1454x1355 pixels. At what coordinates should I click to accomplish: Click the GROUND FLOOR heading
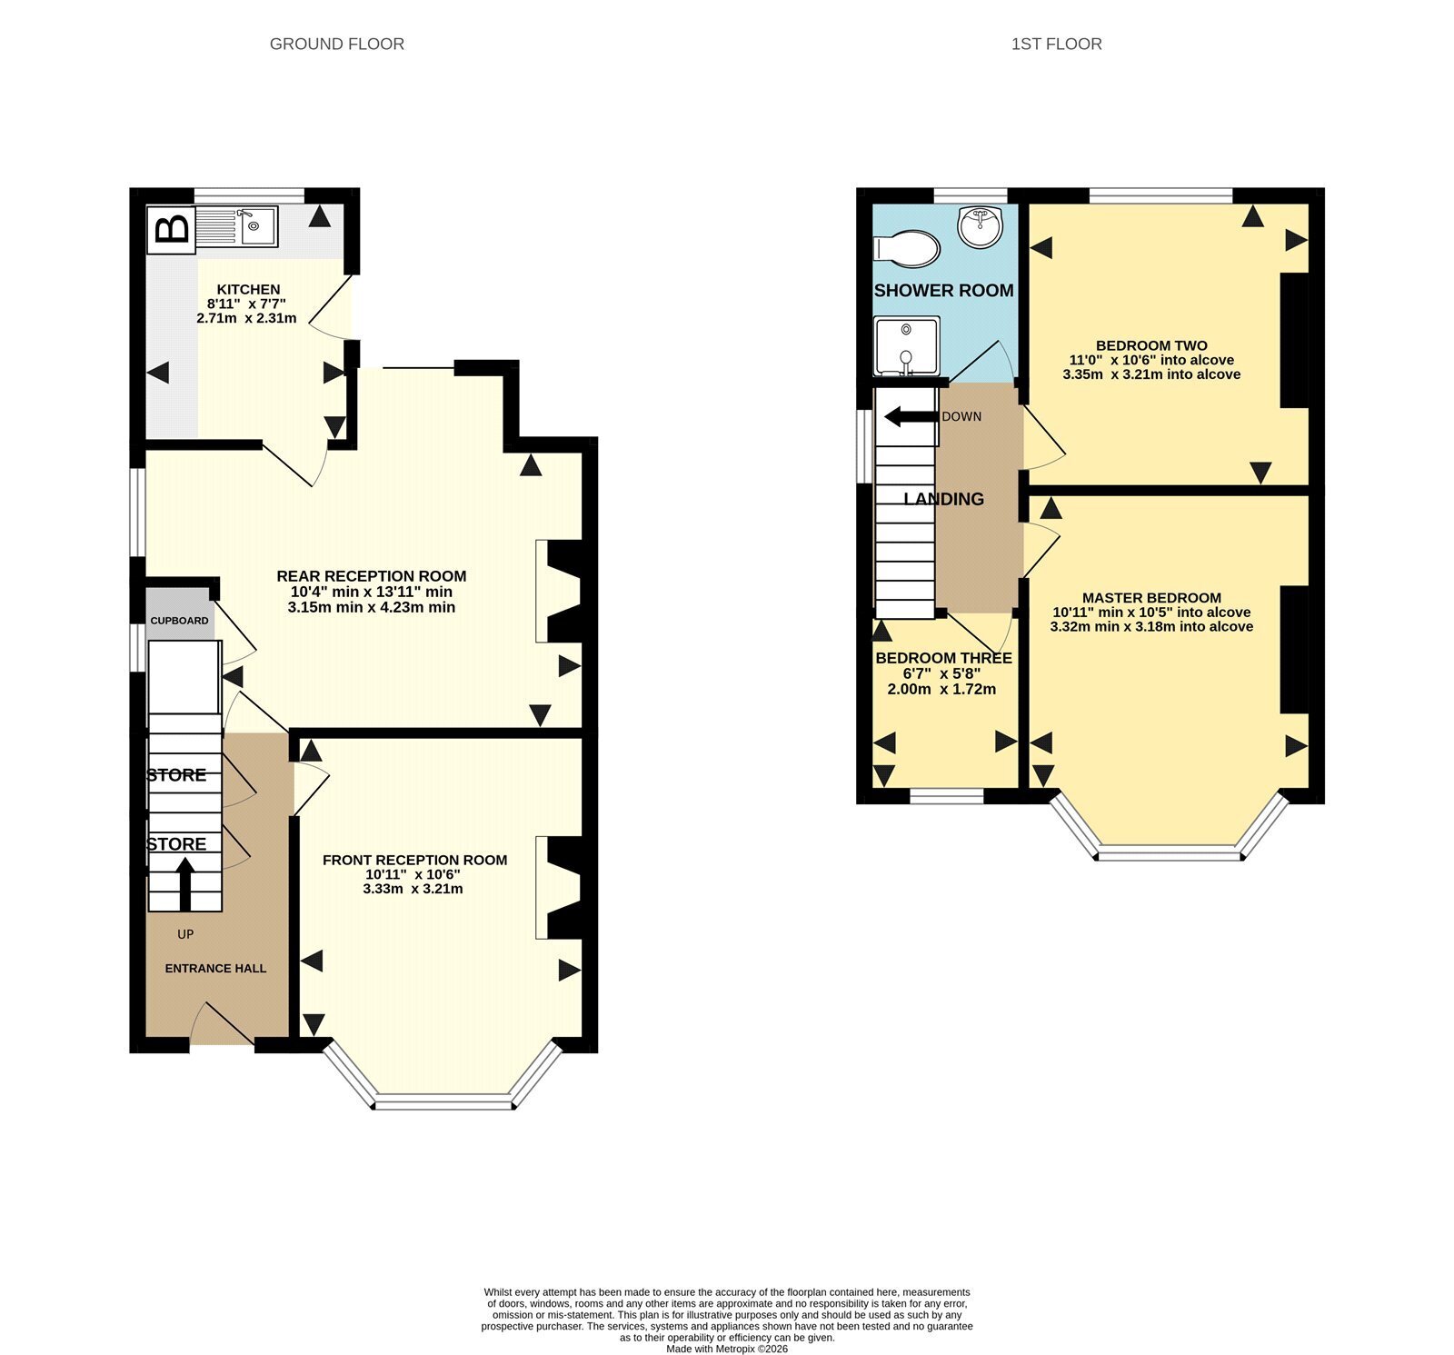point(337,44)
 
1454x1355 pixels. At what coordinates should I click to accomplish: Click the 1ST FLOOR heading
point(1056,44)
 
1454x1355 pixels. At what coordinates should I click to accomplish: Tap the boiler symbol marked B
point(172,228)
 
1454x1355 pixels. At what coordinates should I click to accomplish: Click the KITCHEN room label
point(248,289)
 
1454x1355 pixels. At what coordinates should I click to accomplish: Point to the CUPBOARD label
point(179,621)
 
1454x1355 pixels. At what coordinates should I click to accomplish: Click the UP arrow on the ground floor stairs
point(185,885)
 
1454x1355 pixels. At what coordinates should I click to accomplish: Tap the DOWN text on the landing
point(961,416)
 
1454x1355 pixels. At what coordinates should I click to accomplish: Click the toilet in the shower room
point(906,248)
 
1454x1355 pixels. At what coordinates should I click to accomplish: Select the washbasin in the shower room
point(981,226)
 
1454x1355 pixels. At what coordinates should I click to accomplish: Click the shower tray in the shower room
point(906,346)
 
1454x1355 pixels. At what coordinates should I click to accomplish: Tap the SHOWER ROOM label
point(943,291)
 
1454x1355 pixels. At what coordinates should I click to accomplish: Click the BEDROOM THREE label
point(943,658)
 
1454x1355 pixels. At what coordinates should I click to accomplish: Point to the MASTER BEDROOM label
point(1151,598)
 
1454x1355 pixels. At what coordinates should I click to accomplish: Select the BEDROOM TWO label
point(1151,345)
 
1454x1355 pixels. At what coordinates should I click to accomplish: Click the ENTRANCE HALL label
point(215,969)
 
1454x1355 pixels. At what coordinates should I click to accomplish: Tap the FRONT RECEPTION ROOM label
point(414,860)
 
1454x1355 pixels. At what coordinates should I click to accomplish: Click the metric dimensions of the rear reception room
point(371,607)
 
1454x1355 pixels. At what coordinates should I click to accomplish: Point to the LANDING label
point(943,499)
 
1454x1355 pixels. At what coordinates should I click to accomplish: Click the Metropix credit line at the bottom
point(727,1349)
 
